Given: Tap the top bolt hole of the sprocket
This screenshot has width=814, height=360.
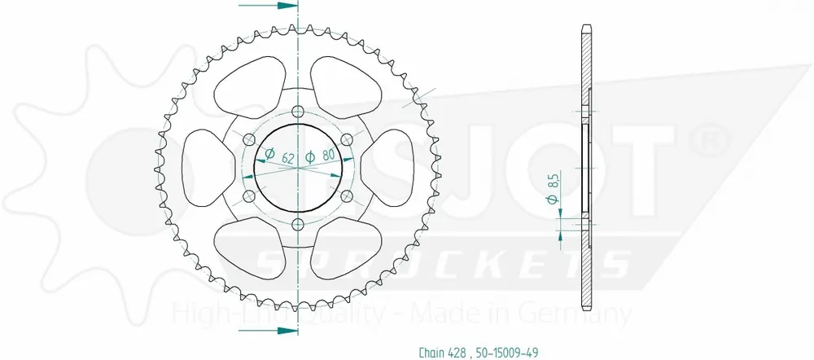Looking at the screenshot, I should pos(297,112).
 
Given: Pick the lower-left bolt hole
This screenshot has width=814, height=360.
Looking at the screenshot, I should pos(248,196).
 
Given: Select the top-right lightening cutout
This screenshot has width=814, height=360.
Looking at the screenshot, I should pos(348,86).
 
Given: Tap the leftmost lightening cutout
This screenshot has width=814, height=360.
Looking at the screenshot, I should pos(199,169).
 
